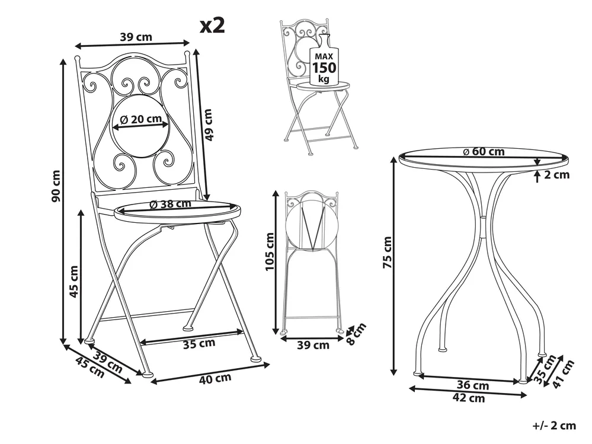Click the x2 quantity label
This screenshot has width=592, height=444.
212,25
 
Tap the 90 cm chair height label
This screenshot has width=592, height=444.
56,186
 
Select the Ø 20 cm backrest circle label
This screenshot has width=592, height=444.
140,119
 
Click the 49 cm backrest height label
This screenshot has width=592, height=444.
208,124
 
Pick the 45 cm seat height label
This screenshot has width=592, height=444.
74,281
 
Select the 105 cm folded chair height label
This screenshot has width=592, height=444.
270,251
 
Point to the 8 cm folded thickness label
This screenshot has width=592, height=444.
356,334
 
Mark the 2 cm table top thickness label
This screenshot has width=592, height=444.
556,174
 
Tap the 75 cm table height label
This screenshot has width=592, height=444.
388,253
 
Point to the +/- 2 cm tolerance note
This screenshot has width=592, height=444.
554,426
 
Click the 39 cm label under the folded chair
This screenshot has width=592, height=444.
313,344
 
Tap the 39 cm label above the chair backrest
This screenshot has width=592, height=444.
136,37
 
